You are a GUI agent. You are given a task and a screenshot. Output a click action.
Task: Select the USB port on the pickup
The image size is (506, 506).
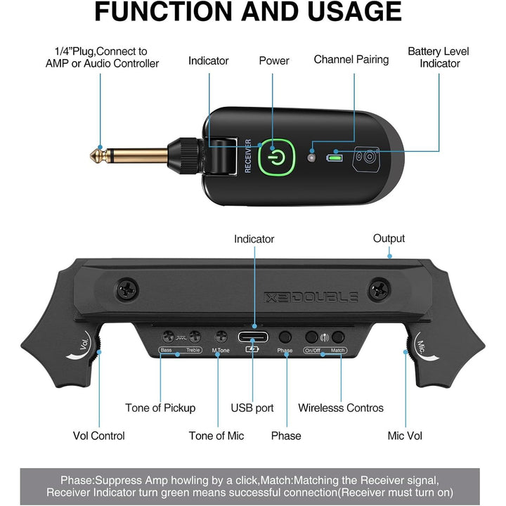click(x=253, y=336)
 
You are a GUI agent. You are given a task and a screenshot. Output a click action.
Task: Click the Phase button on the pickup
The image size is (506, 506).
click(x=285, y=337)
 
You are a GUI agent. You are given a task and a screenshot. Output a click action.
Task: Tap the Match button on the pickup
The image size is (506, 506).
click(x=339, y=337)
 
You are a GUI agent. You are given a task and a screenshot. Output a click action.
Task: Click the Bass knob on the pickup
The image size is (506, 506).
click(x=169, y=337)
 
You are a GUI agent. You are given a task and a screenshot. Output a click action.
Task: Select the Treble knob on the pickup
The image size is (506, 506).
click(x=195, y=337)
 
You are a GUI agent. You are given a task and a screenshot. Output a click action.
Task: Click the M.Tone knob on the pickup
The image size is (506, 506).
click(x=221, y=337)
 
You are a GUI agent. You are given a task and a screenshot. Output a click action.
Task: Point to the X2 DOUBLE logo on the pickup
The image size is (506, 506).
click(x=311, y=297)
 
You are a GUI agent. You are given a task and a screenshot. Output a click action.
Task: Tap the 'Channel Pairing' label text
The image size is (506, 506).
click(x=351, y=59)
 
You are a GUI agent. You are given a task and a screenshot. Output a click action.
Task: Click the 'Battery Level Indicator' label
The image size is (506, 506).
click(x=439, y=57)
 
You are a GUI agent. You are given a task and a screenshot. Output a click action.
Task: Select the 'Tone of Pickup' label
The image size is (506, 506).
click(x=160, y=408)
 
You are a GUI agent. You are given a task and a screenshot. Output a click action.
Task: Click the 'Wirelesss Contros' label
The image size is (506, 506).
click(x=341, y=408)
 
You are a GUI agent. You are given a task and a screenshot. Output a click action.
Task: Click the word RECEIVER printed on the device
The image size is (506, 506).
click(x=248, y=155)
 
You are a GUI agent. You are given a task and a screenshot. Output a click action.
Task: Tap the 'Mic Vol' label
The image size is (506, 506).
click(x=405, y=436)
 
